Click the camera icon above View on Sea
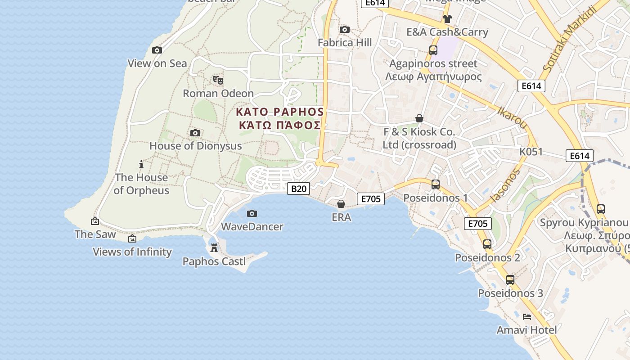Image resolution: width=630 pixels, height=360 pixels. pyautogui.click(x=157, y=50)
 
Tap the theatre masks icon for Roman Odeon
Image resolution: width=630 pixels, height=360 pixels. pyautogui.click(x=218, y=80)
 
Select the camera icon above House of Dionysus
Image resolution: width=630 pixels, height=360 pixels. pyautogui.click(x=195, y=133)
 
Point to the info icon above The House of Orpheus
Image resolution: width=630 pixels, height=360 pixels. pyautogui.click(x=141, y=164)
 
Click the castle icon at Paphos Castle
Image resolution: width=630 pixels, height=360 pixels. pyautogui.click(x=214, y=248)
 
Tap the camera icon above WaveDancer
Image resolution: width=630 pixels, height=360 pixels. pyautogui.click(x=252, y=213)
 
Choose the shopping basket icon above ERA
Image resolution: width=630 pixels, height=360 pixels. pyautogui.click(x=341, y=204)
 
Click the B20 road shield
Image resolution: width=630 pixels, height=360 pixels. pyautogui.click(x=298, y=189)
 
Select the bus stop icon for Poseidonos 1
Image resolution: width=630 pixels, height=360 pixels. pyautogui.click(x=435, y=184)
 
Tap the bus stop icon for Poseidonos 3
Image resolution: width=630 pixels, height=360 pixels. pyautogui.click(x=510, y=279)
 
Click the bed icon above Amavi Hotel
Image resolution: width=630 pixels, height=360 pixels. pyautogui.click(x=527, y=317)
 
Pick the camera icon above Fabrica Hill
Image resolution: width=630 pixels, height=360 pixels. pyautogui.click(x=345, y=29)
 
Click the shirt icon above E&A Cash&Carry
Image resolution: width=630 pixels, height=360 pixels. pyautogui.click(x=447, y=18)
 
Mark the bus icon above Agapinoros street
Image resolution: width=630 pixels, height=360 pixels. pyautogui.click(x=433, y=50)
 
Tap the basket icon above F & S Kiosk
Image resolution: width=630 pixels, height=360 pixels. pyautogui.click(x=419, y=118)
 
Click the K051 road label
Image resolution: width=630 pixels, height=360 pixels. pyautogui.click(x=531, y=152)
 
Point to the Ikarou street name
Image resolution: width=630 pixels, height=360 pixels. pyautogui.click(x=512, y=118)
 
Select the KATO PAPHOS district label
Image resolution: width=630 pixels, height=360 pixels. pyautogui.click(x=279, y=112)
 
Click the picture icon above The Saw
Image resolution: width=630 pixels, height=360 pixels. pyautogui.click(x=95, y=221)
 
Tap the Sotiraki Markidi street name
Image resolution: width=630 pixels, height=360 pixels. pyautogui.click(x=569, y=39)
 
